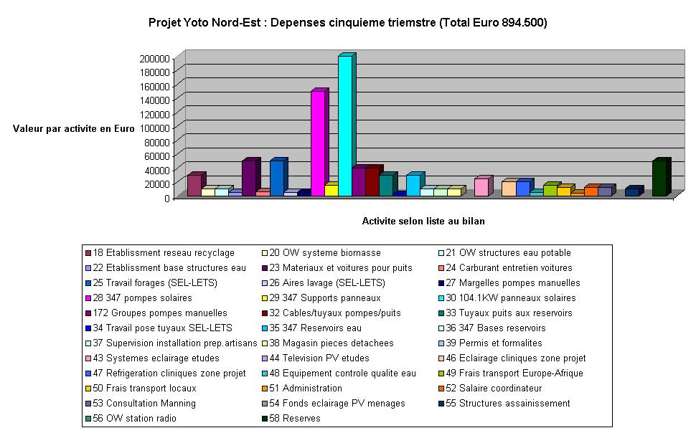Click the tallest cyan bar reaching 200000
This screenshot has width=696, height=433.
[x=345, y=125]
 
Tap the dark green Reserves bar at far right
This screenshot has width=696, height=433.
[x=659, y=179]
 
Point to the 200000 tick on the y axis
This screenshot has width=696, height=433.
[x=154, y=58]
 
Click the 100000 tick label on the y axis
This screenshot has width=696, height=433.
[x=154, y=128]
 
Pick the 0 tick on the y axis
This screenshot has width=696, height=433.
[x=166, y=198]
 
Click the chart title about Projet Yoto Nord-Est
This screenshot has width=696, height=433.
[x=347, y=23]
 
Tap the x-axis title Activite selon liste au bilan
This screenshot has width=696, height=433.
[x=423, y=221]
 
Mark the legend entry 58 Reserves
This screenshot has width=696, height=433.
[x=295, y=418]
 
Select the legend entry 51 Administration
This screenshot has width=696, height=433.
[x=305, y=388]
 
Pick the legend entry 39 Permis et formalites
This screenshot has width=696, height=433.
[x=496, y=343]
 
